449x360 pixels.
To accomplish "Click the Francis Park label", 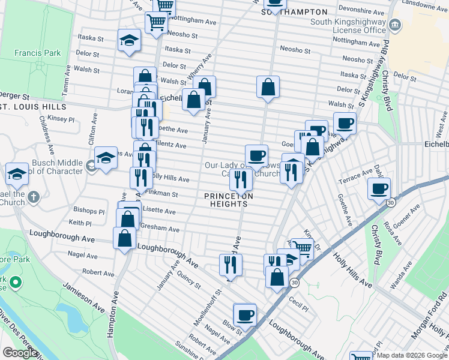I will [x=38, y=53].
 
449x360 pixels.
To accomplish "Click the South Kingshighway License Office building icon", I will [x=395, y=25].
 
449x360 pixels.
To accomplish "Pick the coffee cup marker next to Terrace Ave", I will [x=378, y=188].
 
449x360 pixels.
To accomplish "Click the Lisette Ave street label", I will [x=157, y=211].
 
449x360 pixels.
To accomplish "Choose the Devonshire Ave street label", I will [x=360, y=10].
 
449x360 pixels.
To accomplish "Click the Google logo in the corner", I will [x=20, y=353].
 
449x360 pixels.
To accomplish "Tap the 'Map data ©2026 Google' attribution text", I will [x=412, y=355].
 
